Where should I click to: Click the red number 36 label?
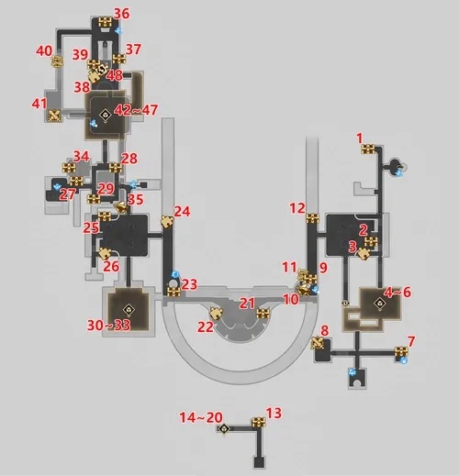coord(121,14)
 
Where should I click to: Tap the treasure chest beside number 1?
coord(368,149)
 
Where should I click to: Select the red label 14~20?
coord(201,417)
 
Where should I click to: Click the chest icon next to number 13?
coord(259,423)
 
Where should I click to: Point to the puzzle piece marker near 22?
coord(217,314)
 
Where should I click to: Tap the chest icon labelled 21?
coord(263,314)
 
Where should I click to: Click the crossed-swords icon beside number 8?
coord(318,342)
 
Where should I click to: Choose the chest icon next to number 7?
coord(401,351)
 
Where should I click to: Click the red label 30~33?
coord(109,325)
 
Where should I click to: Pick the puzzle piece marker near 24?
coord(167,221)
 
